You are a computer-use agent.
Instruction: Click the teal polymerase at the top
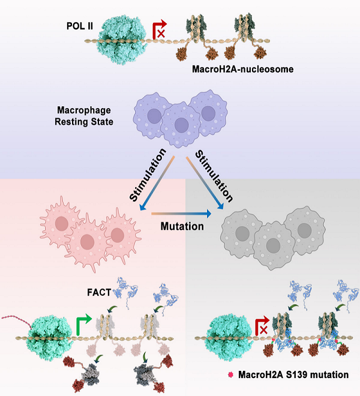click(x=124, y=40)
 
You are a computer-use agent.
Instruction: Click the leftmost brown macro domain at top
click(x=180, y=57)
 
